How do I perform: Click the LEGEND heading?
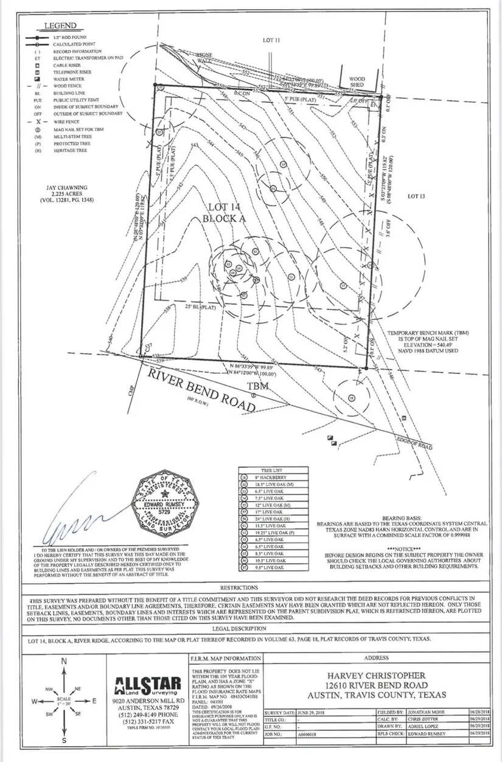(60, 26)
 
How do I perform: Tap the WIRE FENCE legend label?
(65, 122)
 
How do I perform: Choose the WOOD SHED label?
(357, 83)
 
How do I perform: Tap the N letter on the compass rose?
(64, 662)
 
